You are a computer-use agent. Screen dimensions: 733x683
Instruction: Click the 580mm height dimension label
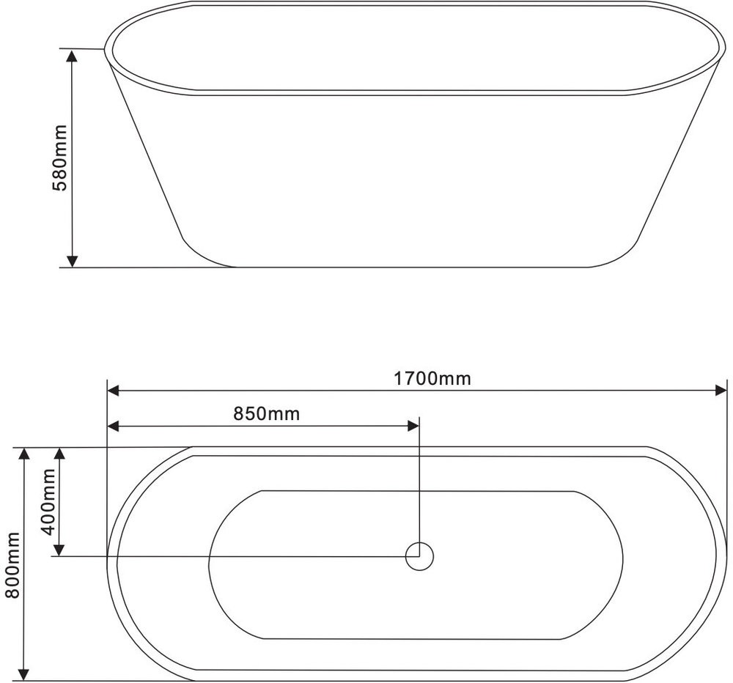[x=59, y=158]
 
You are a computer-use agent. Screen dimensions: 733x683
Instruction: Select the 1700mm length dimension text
[x=432, y=378]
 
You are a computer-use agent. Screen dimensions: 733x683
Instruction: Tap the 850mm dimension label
[x=267, y=414]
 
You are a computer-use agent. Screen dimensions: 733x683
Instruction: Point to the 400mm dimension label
[x=48, y=501]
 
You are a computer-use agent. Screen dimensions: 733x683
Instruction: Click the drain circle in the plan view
[x=419, y=556]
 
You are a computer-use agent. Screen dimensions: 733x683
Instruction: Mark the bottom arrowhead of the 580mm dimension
[x=72, y=261]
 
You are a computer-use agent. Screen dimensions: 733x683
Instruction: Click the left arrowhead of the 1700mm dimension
[x=114, y=391]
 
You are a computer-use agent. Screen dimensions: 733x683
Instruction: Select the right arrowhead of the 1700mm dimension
[x=721, y=391]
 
